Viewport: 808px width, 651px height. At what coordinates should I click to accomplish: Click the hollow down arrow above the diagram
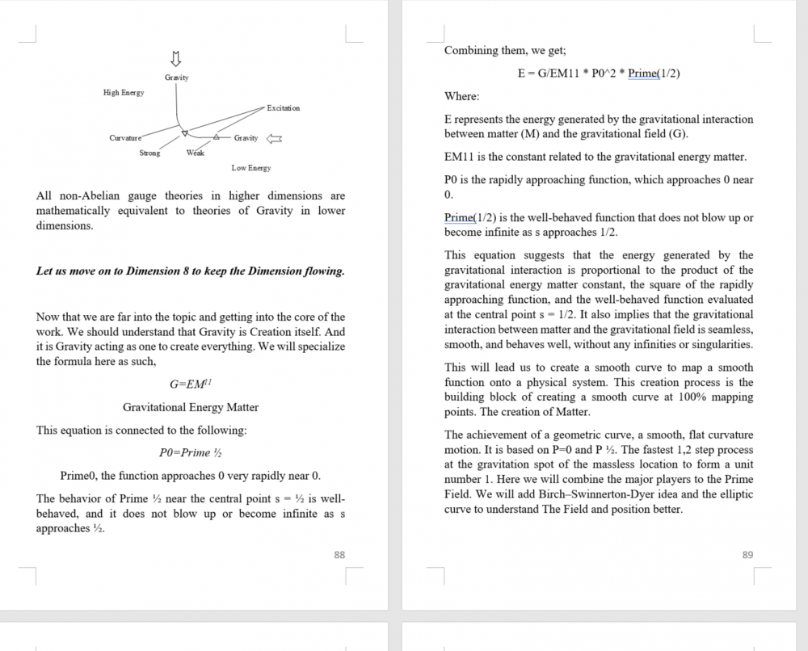pyautogui.click(x=176, y=59)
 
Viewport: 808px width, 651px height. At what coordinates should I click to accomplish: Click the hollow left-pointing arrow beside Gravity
pyautogui.click(x=274, y=138)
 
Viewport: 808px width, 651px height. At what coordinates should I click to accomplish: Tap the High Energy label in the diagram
pyautogui.click(x=124, y=93)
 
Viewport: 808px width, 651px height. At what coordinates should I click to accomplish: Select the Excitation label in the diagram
pyautogui.click(x=283, y=108)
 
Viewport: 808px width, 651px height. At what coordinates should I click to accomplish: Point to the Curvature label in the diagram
pyautogui.click(x=125, y=138)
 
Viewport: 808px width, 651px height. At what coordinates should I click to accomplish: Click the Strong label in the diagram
pyautogui.click(x=149, y=153)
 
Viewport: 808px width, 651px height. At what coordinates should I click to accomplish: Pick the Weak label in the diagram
pyautogui.click(x=195, y=153)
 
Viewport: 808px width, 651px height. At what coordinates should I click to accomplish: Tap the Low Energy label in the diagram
pyautogui.click(x=251, y=168)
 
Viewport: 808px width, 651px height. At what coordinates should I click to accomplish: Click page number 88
pyautogui.click(x=339, y=555)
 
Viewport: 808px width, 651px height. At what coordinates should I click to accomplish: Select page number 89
pyautogui.click(x=747, y=555)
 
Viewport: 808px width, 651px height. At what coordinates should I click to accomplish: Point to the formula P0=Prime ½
pyautogui.click(x=191, y=452)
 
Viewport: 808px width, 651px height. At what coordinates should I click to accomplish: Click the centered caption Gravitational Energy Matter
pyautogui.click(x=191, y=407)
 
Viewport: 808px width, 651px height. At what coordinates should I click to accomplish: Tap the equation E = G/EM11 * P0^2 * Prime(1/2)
pyautogui.click(x=599, y=73)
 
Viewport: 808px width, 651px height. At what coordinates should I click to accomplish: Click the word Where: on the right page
pyautogui.click(x=461, y=96)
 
